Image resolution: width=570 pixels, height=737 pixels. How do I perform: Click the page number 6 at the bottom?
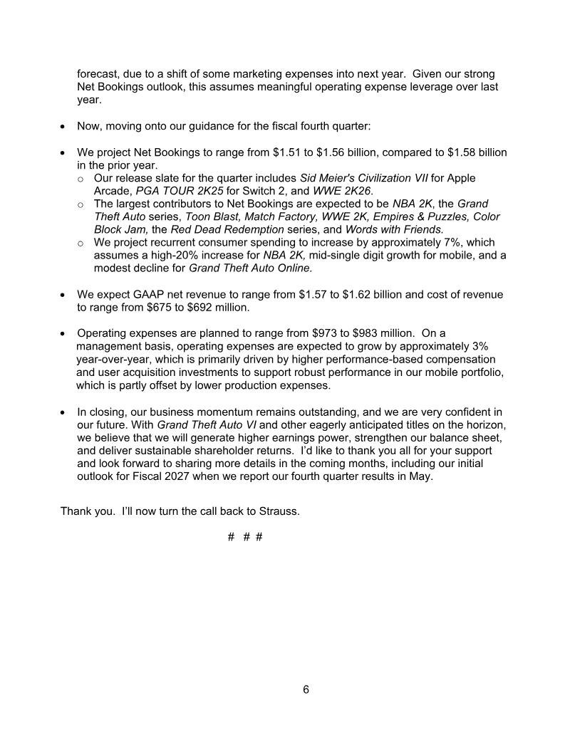click(306, 689)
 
